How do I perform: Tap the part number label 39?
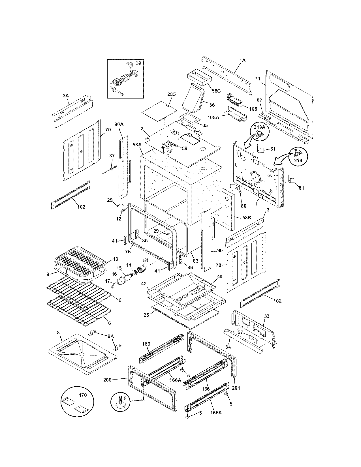point(138,63)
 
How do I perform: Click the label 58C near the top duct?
point(216,91)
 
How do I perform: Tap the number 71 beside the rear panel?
point(257,78)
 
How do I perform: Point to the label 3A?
point(66,96)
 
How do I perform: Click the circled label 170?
point(83,395)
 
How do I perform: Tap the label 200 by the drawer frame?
point(107,380)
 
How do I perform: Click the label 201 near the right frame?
point(236,388)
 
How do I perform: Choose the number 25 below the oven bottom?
point(146,315)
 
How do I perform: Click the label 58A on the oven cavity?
point(137,145)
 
